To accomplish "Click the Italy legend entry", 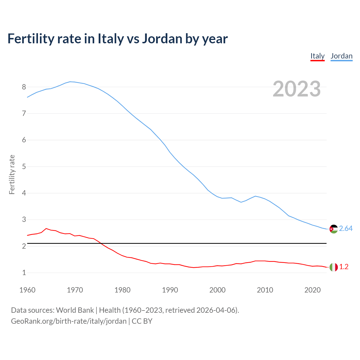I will click(318, 56).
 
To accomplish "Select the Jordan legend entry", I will click(341, 56).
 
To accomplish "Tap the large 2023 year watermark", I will click(297, 89).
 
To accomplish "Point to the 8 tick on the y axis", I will click(24, 87).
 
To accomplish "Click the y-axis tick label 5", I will click(24, 166).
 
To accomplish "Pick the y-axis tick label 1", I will click(24, 273).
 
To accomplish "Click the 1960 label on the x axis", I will click(27, 290).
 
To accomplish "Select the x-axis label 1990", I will click(170, 290).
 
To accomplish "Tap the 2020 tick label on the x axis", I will click(312, 290).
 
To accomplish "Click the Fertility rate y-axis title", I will click(12, 174).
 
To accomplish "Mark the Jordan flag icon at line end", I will click(334, 229).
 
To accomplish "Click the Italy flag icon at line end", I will click(334, 267).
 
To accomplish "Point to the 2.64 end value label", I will click(346, 229).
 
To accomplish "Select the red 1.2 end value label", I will click(344, 267).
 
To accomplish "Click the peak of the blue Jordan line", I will click(70, 82).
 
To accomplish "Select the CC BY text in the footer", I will click(142, 321).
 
